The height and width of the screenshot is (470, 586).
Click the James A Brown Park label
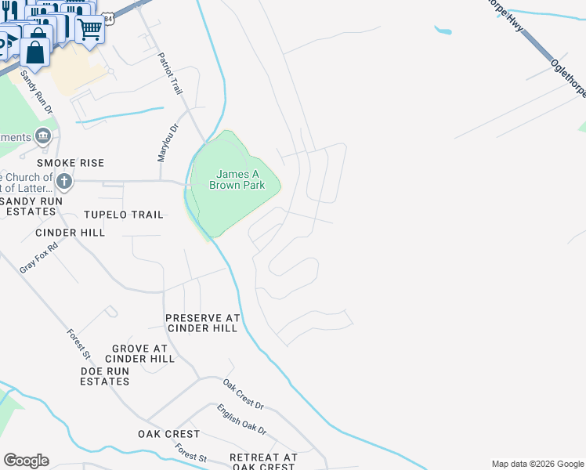point(237,179)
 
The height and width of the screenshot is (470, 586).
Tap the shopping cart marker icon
point(90,30)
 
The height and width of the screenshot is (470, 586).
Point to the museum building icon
point(43,136)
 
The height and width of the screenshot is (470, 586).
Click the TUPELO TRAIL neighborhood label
point(125,215)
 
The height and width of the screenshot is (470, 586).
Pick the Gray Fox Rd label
point(39,256)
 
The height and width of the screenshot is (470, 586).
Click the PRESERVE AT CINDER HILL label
point(201,323)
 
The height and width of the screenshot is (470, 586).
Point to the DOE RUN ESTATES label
point(105,376)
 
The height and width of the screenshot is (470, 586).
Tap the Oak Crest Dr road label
point(244,394)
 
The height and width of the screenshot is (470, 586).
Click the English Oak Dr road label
point(242,420)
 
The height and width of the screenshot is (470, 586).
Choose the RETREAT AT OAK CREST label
point(263,461)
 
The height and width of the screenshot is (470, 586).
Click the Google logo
point(26,461)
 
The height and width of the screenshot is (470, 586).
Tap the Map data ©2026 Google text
point(538,464)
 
